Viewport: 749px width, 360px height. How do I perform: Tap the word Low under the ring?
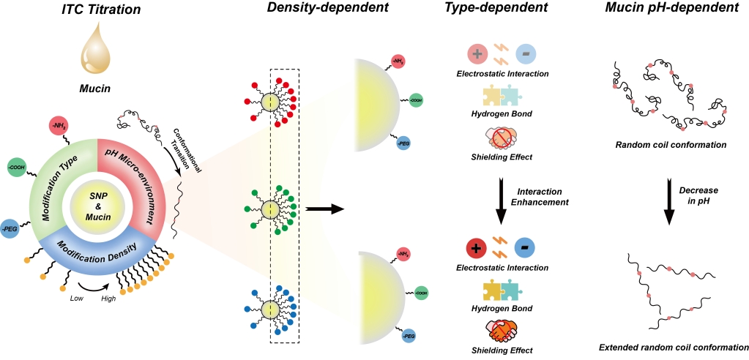[77, 298]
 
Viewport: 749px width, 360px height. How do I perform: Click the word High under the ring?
[109, 298]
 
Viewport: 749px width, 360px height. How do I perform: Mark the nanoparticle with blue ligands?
[270, 310]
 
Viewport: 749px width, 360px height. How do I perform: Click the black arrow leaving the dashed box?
[324, 209]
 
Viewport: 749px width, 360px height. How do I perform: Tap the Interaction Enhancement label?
[543, 196]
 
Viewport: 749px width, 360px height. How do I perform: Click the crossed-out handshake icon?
[501, 139]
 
